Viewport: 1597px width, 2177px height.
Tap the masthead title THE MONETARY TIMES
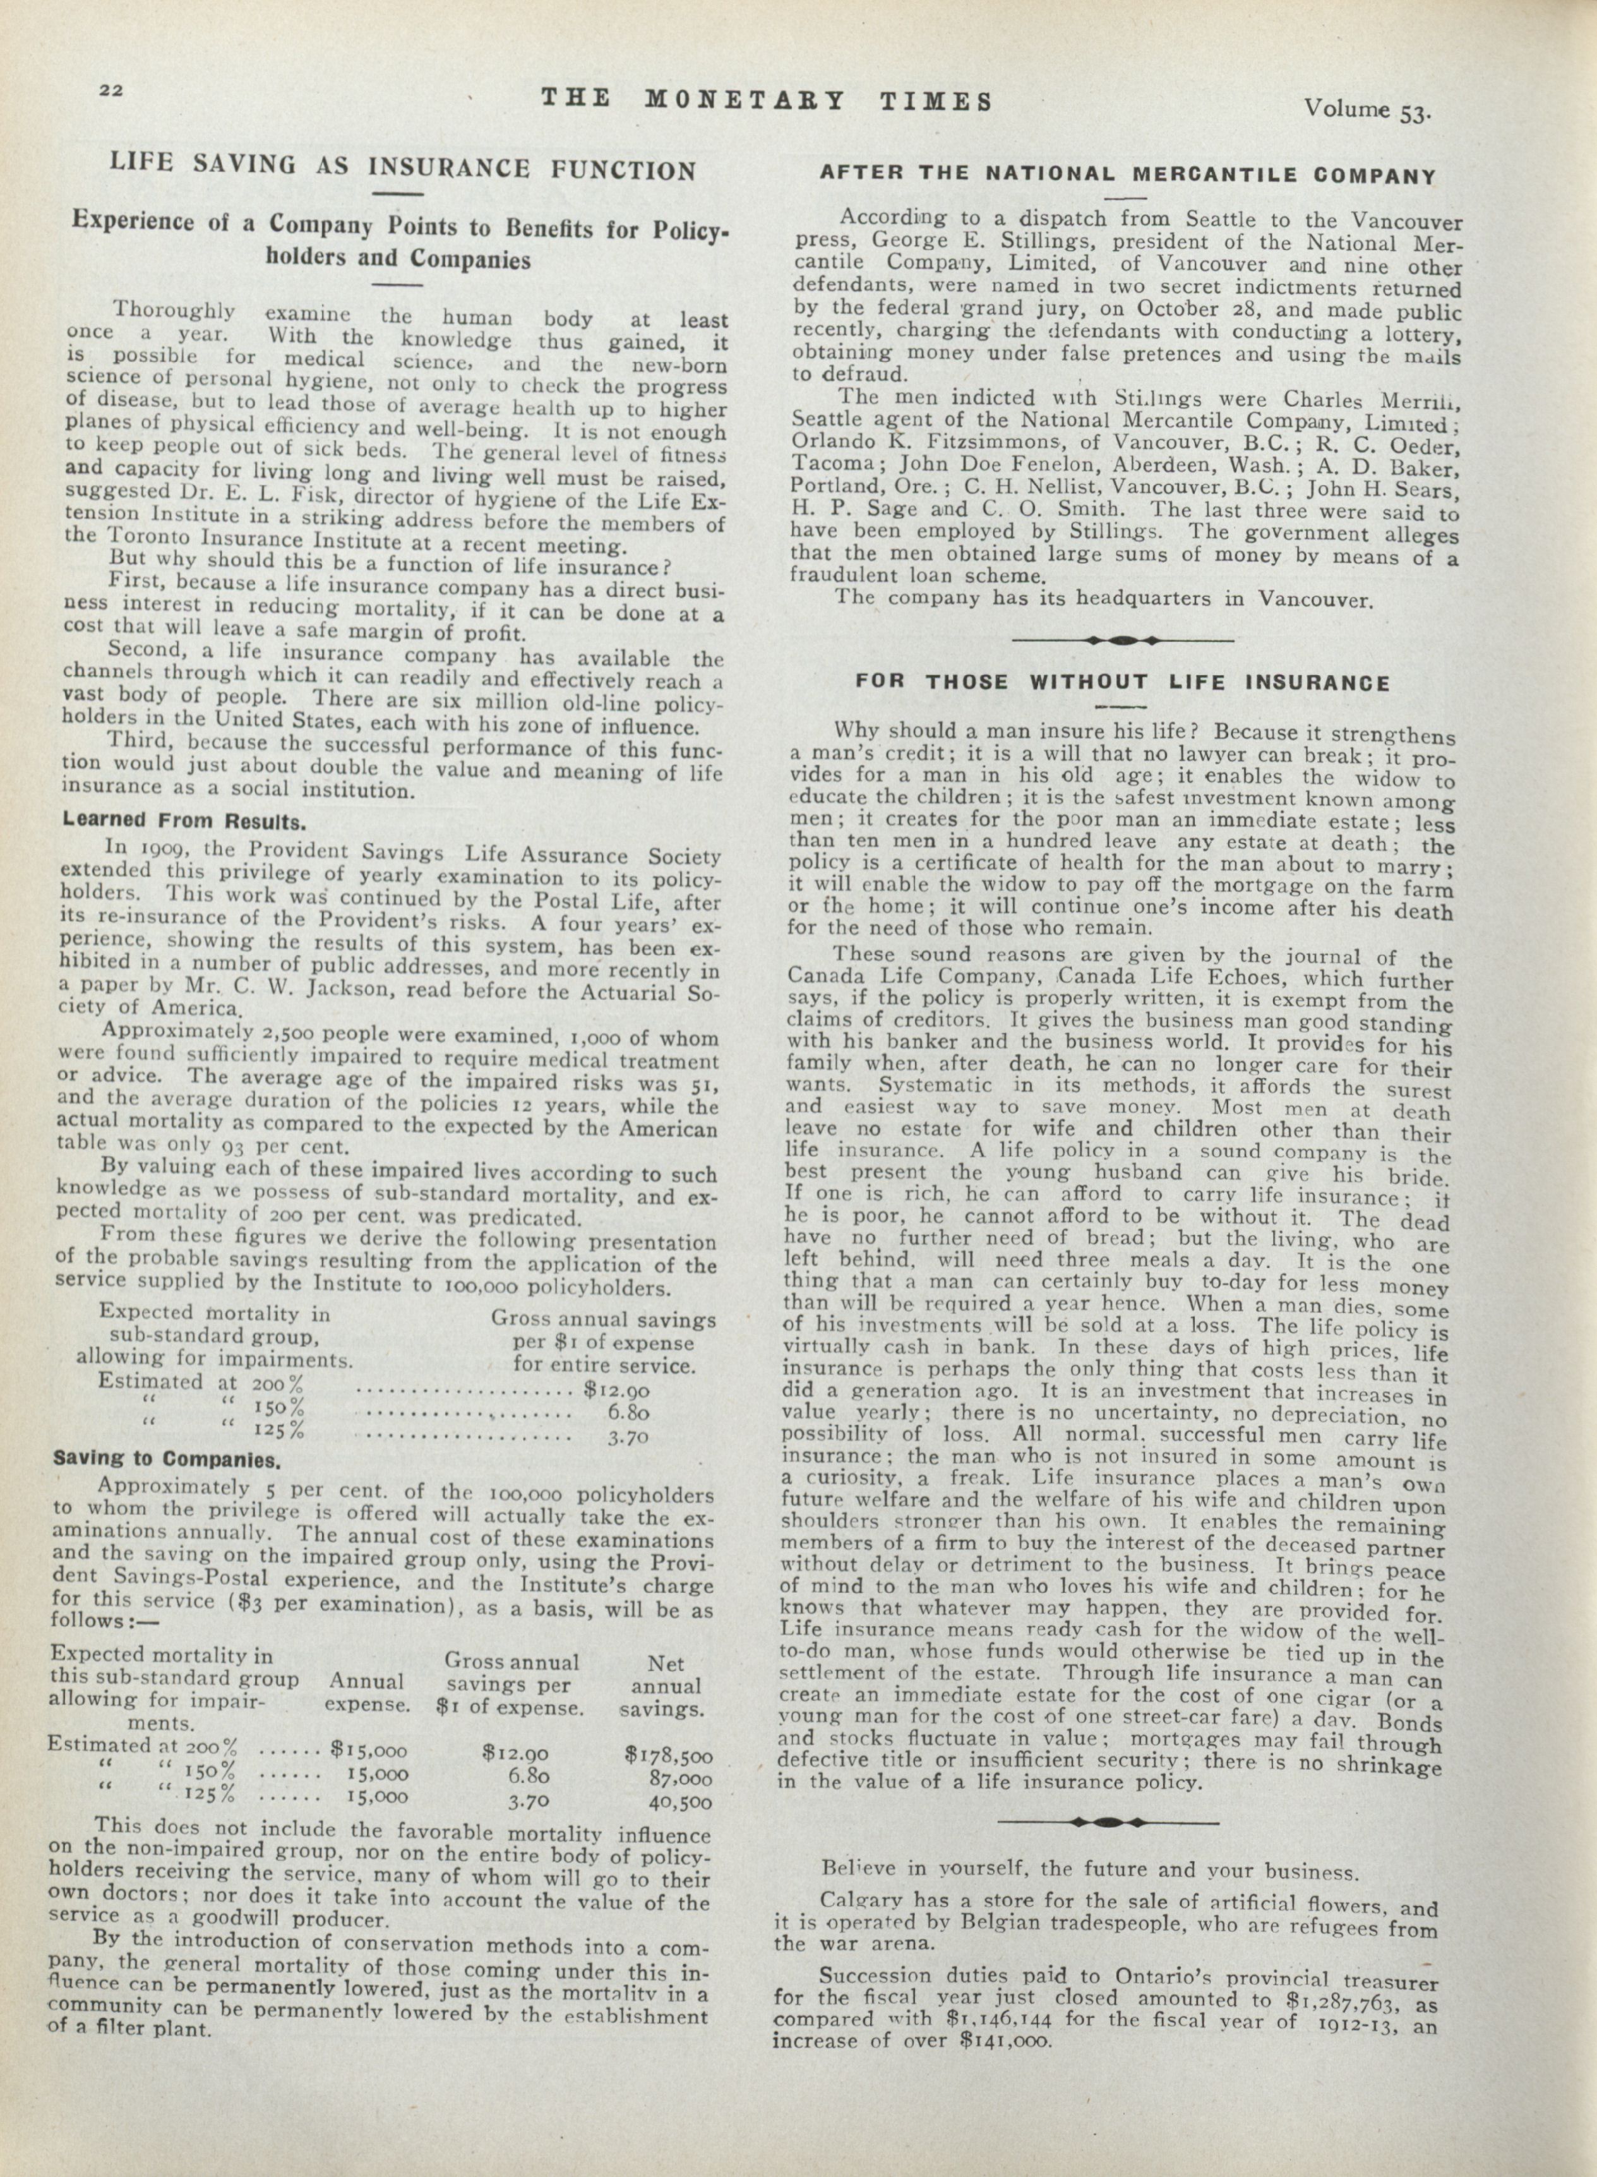point(767,100)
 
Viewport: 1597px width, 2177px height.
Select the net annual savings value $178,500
point(668,1754)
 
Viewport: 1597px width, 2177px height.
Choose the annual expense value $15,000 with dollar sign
point(368,1749)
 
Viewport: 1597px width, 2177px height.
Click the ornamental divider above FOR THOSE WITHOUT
point(1121,640)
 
